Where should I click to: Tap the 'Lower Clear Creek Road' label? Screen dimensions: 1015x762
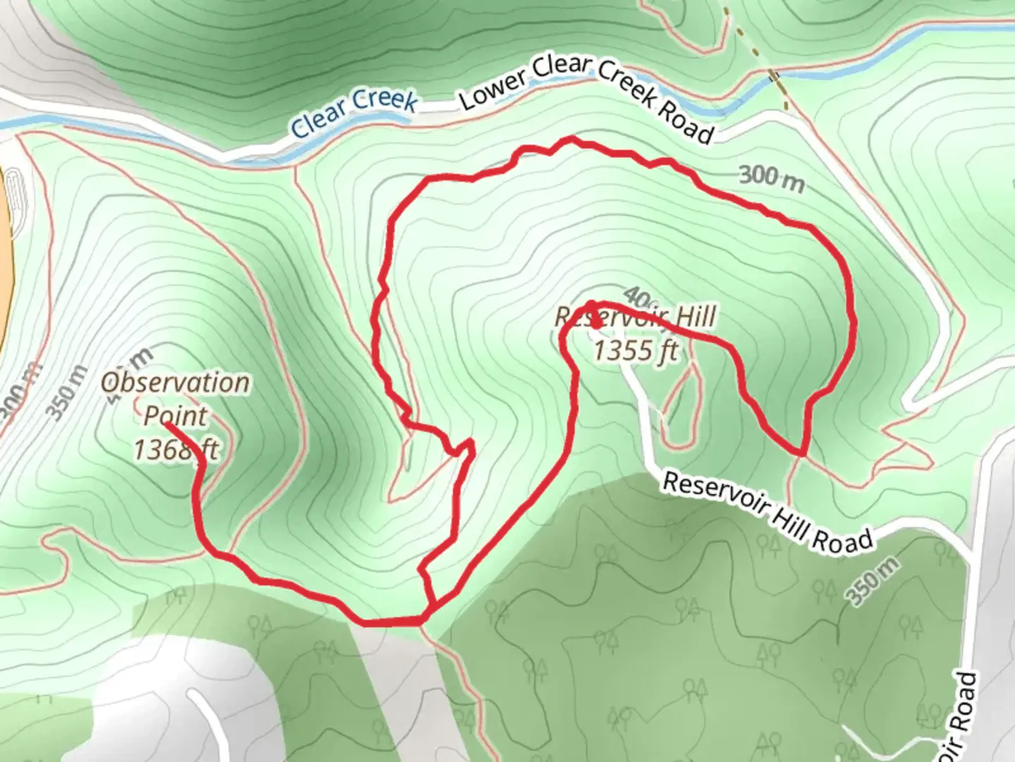click(x=586, y=99)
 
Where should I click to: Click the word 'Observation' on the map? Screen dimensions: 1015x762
click(x=176, y=383)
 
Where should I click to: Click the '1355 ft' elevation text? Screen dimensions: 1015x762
click(x=636, y=349)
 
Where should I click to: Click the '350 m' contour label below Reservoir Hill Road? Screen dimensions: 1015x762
click(x=874, y=581)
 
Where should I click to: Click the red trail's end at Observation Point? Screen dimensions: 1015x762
click(x=166, y=425)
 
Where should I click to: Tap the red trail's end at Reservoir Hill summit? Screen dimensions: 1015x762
click(x=596, y=325)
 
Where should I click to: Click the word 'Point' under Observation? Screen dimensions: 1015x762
click(x=176, y=416)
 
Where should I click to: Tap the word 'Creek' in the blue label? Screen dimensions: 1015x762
click(x=384, y=100)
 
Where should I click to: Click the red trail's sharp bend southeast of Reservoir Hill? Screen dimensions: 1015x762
click(x=802, y=451)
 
